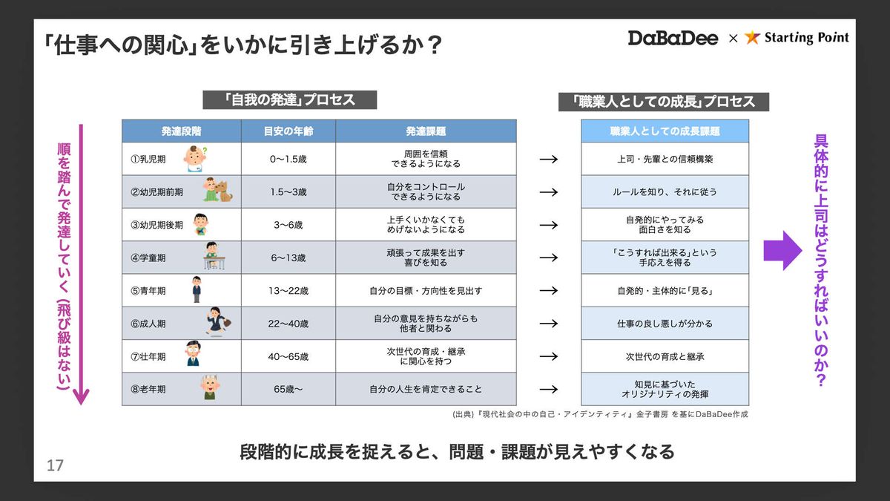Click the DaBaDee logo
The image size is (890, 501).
tap(673, 38)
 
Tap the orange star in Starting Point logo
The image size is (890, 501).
tap(752, 37)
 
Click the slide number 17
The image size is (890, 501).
tap(55, 465)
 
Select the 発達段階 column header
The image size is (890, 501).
tap(181, 131)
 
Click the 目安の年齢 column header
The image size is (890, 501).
tap(288, 131)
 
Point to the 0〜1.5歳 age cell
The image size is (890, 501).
tap(288, 159)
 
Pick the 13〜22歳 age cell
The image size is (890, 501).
tap(288, 291)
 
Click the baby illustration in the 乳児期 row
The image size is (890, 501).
tap(195, 159)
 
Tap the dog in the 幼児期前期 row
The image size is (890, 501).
tap(225, 191)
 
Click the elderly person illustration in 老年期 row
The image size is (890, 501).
tap(209, 387)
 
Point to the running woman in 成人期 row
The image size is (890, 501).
tap(218, 321)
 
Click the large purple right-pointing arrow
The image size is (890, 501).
tap(782, 251)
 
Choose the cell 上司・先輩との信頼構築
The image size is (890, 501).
tap(665, 159)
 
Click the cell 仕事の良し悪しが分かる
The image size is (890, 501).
tap(665, 324)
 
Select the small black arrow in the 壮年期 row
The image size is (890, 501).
tap(549, 356)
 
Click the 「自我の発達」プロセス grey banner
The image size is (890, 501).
tap(290, 99)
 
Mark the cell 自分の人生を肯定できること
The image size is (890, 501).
tap(426, 389)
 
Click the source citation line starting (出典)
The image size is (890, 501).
tap(600, 414)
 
